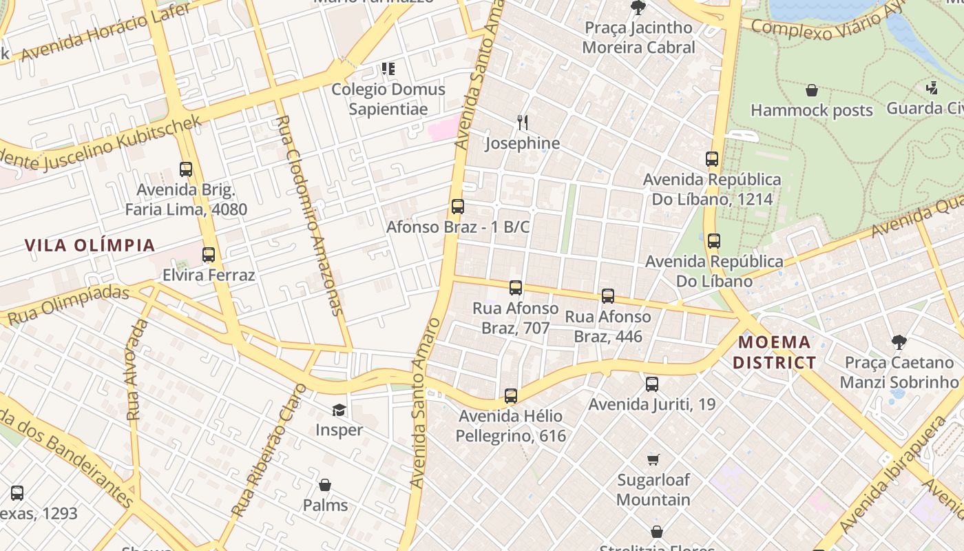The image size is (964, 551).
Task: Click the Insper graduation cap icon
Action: point(339,410)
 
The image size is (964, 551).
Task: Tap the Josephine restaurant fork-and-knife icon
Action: point(523,123)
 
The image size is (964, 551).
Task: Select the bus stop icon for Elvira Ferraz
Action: point(209,255)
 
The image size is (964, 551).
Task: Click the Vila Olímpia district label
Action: point(90,245)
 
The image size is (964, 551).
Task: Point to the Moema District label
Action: point(774,352)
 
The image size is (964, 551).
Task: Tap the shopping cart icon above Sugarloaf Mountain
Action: point(653,459)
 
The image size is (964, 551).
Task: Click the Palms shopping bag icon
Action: point(325,486)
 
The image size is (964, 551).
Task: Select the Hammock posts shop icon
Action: point(812,90)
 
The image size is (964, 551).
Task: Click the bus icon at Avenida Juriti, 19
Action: point(651,384)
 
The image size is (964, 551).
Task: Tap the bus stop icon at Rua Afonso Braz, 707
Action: point(515,288)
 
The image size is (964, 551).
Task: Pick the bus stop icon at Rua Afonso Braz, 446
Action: point(607,296)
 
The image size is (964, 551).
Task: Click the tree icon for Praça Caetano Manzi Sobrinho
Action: point(899,342)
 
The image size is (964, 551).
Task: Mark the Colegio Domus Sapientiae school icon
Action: point(388,69)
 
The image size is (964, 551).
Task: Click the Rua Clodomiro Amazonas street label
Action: point(308,215)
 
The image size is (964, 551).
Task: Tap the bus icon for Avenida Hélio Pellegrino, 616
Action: point(510,396)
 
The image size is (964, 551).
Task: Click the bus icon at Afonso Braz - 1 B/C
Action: point(457,207)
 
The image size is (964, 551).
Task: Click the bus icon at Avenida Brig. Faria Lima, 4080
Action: point(185,169)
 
